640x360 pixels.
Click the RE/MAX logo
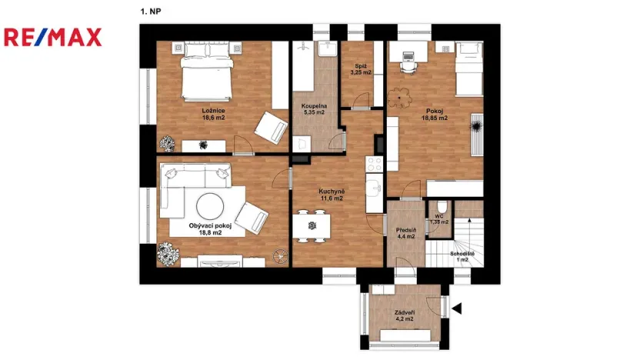53,36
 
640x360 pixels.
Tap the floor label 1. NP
150,12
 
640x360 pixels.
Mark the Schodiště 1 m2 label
462,256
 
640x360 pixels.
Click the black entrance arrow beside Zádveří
456,309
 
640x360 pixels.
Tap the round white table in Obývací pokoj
210,205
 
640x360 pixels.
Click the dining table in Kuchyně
312,225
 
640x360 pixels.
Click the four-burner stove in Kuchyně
374,164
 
